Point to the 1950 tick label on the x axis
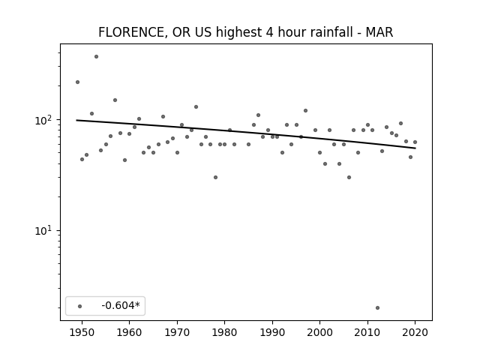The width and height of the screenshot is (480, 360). [82, 332]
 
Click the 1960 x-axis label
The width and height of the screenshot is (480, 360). [129, 332]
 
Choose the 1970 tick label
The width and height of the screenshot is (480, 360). [177, 332]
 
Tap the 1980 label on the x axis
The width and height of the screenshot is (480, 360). [224, 332]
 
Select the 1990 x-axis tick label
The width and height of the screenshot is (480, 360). [272, 332]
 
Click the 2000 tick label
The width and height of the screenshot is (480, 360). [319, 332]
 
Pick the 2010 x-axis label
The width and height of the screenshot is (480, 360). [367, 332]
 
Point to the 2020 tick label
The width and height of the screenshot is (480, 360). [415, 332]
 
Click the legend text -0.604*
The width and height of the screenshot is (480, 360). [121, 305]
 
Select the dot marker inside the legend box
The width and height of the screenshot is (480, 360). [80, 306]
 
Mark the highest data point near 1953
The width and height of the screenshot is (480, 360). [96, 57]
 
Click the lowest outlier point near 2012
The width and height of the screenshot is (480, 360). [377, 307]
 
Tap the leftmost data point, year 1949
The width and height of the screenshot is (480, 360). [77, 82]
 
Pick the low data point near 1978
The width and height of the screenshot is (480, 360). [215, 177]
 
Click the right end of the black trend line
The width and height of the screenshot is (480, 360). [415, 148]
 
